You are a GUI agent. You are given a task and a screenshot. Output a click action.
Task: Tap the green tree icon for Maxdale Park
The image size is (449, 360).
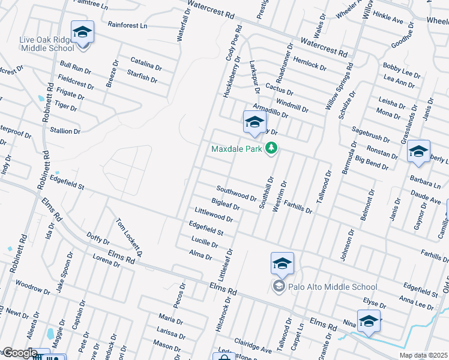[x=271, y=148]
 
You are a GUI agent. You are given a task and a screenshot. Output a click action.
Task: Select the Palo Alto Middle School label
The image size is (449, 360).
[x=333, y=287]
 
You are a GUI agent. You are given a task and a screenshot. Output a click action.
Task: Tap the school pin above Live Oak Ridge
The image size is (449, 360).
[x=82, y=32]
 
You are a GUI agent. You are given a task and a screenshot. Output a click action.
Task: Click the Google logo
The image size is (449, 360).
[x=19, y=353]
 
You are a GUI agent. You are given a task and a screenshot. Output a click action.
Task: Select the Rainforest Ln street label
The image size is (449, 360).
[x=127, y=26]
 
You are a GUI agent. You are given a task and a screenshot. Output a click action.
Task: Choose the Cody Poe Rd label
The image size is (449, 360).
[x=234, y=43]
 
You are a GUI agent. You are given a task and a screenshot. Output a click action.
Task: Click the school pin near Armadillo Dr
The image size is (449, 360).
[x=254, y=122]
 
